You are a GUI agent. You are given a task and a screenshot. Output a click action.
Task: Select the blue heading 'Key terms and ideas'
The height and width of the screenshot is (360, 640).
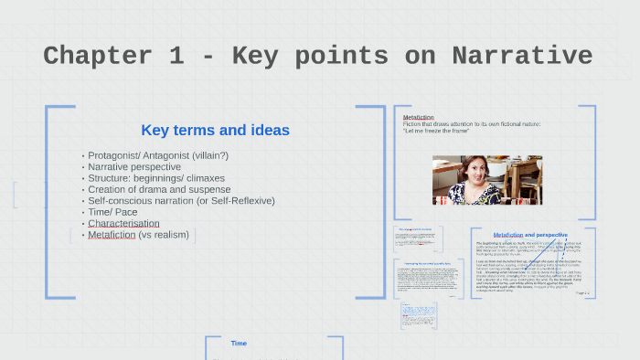pyautogui.click(x=215, y=130)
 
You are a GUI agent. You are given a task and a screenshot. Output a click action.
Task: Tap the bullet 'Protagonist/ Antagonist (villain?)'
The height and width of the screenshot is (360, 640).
pyautogui.click(x=157, y=156)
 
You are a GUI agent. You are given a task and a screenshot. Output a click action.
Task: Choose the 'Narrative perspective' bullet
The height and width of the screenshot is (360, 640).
pyautogui.click(x=133, y=167)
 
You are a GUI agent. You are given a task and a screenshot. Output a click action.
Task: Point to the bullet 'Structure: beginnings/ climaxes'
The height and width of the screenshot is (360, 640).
pyautogui.click(x=155, y=178)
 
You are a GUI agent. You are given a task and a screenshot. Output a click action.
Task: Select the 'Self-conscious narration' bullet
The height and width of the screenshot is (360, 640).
pyautogui.click(x=181, y=200)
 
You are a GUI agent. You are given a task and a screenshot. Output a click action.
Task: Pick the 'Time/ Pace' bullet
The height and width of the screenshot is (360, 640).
pyautogui.click(x=113, y=212)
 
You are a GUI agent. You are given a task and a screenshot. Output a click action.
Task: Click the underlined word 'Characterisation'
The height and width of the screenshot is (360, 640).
pyautogui.click(x=123, y=223)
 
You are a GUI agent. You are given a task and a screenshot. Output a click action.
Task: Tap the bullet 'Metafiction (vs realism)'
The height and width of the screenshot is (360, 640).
pyautogui.click(x=138, y=235)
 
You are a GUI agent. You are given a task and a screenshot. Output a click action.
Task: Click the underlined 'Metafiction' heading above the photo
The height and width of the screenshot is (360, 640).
pyautogui.click(x=419, y=117)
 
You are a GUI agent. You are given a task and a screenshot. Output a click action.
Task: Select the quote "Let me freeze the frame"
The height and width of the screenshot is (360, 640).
pyautogui.click(x=435, y=131)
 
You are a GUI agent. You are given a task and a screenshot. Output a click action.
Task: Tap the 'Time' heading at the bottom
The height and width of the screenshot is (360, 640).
pyautogui.click(x=239, y=344)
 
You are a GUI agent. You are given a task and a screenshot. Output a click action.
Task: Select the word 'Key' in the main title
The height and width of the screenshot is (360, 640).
pyautogui.click(x=264, y=56)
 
